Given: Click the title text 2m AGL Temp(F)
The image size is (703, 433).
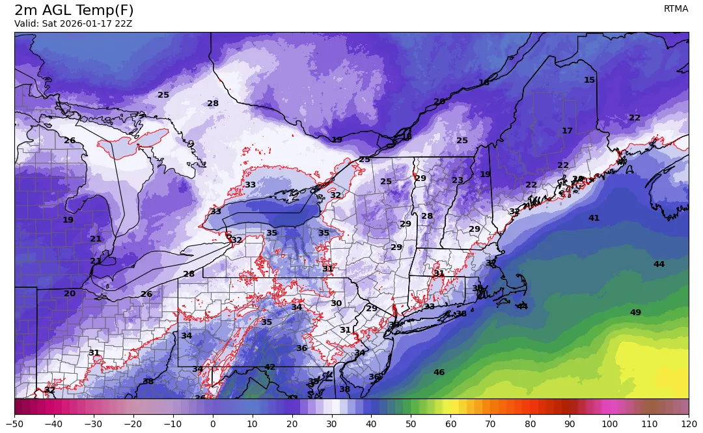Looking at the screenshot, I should tap(74, 10).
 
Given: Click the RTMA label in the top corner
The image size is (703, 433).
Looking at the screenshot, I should tap(676, 8).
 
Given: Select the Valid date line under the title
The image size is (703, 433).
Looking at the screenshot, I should tap(73, 24).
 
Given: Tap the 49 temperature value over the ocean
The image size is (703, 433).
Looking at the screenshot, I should tap(635, 313).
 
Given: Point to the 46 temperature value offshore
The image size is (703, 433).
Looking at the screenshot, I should tap(439, 372).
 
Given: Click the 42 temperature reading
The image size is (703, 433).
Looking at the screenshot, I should tap(269, 367).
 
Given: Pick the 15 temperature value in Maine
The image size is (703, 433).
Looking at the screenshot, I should tap(589, 80).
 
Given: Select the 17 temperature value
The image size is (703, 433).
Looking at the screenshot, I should tap(567, 131).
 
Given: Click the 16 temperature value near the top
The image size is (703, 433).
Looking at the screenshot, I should tap(484, 83).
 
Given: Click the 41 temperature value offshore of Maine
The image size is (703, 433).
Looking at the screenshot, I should tap(594, 218).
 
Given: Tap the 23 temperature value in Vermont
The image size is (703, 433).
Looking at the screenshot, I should tap(458, 180).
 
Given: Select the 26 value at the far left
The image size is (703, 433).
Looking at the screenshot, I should tap(70, 141).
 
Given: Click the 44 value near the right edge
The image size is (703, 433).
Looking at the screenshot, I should tap(659, 264).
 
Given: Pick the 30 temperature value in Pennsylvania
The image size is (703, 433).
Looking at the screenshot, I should tap(336, 303).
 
